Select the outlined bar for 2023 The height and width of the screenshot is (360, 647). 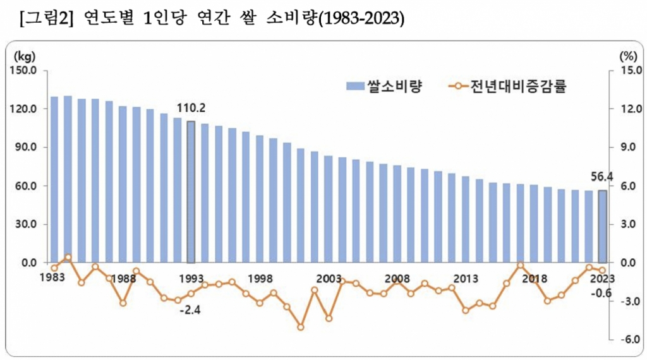tap(603, 226)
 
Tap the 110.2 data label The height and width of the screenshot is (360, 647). tap(191, 108)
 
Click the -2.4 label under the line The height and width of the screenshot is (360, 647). tap(190, 311)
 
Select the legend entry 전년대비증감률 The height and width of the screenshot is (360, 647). tap(521, 87)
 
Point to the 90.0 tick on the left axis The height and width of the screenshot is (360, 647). tap(25, 147)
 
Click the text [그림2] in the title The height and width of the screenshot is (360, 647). tap(47, 20)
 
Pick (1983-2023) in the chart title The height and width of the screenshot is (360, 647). tap(360, 20)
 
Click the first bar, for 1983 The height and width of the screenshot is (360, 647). tap(54, 179)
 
